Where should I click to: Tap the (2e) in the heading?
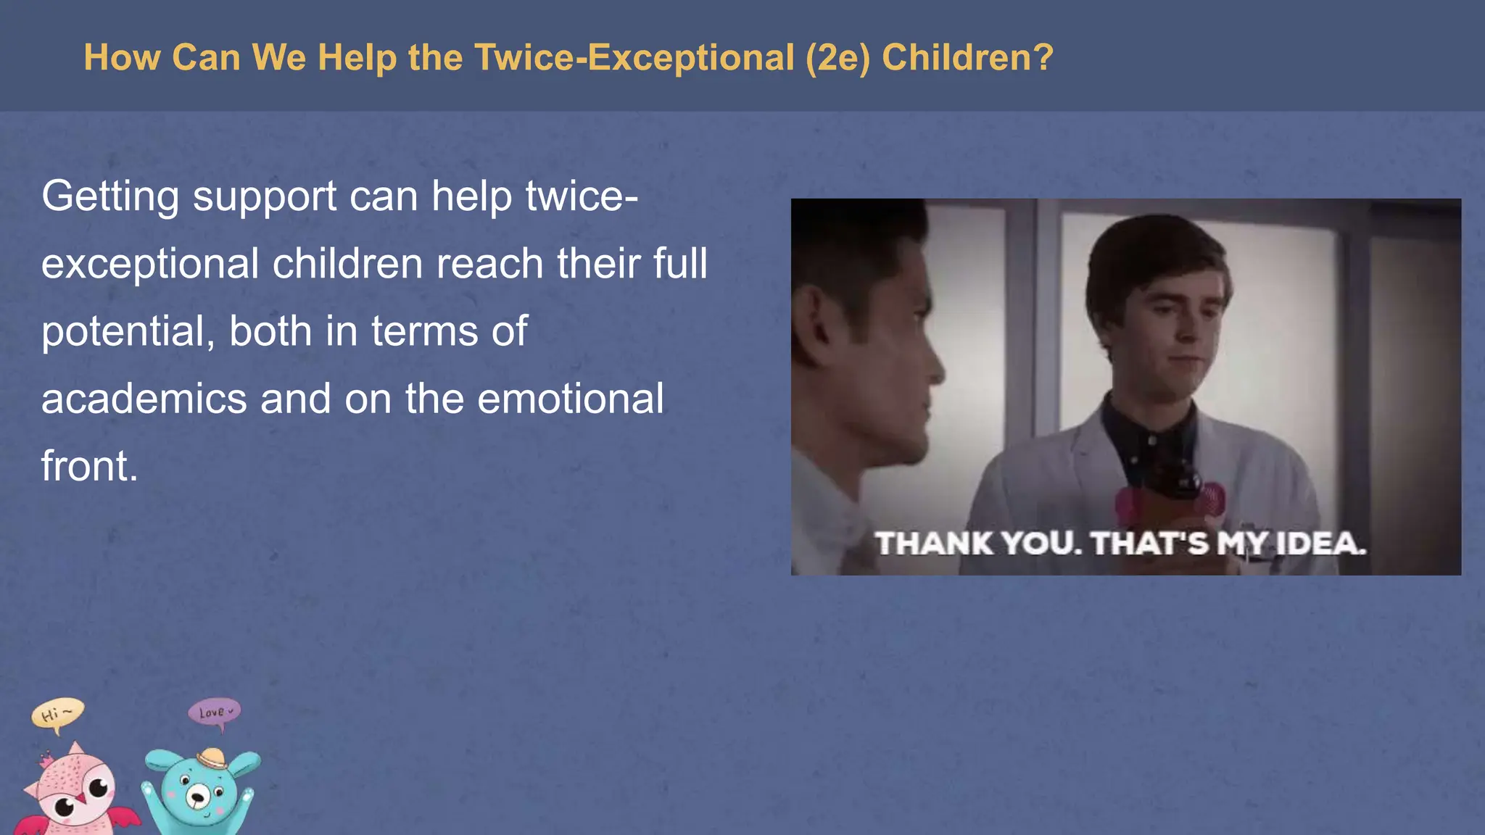point(837,57)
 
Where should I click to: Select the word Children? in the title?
point(967,57)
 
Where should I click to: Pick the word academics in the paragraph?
point(144,399)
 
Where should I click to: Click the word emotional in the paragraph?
point(571,399)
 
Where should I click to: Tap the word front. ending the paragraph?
point(89,466)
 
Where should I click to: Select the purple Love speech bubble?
point(214,712)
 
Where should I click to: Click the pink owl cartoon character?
point(76,794)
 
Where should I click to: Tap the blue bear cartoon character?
point(199,794)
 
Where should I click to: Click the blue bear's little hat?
point(212,758)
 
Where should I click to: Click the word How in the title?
point(122,57)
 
